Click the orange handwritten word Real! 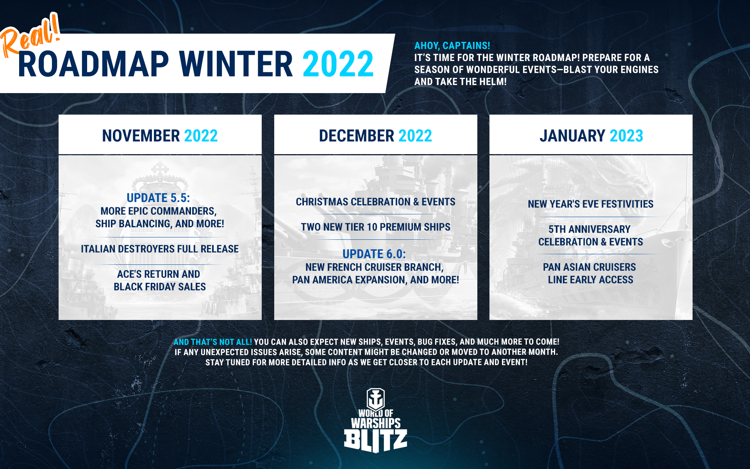click(x=30, y=36)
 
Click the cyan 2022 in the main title click(x=338, y=64)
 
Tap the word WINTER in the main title click(x=236, y=64)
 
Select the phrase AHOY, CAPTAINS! click(x=452, y=46)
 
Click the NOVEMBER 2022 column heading click(x=160, y=136)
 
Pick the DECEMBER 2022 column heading click(x=375, y=136)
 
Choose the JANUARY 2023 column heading click(x=591, y=136)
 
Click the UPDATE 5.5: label click(x=158, y=198)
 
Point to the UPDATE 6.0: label click(x=374, y=254)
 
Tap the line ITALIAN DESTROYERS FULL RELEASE click(x=160, y=249)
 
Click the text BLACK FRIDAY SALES click(x=160, y=287)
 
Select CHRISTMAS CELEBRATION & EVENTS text click(x=375, y=202)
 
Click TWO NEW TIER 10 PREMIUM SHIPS click(x=375, y=227)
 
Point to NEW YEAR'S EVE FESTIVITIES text click(x=591, y=204)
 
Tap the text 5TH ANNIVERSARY click(x=589, y=229)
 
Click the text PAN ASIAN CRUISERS click(x=589, y=267)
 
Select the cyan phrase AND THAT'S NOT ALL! click(x=213, y=342)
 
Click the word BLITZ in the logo click(x=375, y=440)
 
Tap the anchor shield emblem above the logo click(x=375, y=399)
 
